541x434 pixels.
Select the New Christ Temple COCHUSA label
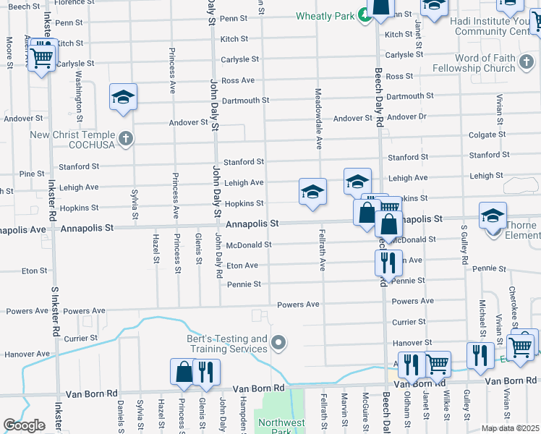[x=72, y=140]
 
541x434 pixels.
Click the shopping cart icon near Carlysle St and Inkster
[x=41, y=56]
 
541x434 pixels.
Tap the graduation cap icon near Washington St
[x=124, y=97]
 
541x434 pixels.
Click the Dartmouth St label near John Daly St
[x=246, y=101]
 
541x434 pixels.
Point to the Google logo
[x=24, y=425]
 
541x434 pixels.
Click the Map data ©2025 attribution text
[x=510, y=428]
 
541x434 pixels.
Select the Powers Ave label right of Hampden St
[x=298, y=305]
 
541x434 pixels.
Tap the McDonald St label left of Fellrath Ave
[x=248, y=245]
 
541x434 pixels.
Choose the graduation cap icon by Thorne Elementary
[x=493, y=216]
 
